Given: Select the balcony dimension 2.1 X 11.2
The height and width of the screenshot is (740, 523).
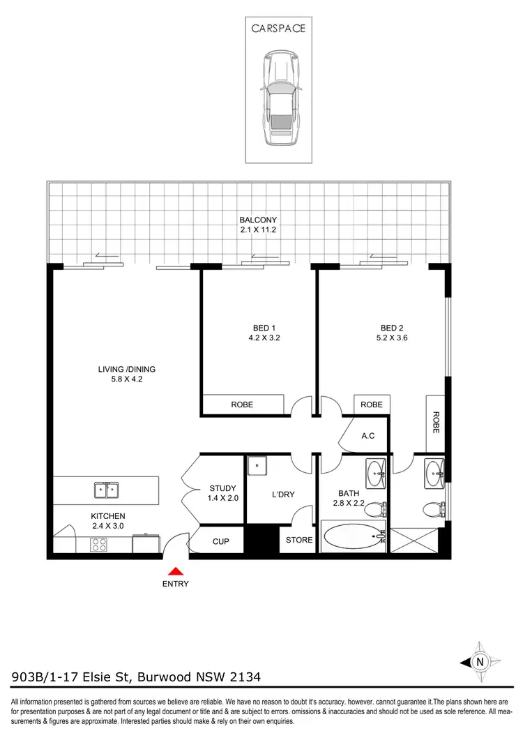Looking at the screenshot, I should coord(258,229).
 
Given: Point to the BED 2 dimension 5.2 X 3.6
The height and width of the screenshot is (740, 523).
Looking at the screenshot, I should coord(391,338).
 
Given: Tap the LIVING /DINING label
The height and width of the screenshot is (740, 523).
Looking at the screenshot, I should coord(126,369).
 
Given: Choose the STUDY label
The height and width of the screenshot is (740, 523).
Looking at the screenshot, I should coord(223,488).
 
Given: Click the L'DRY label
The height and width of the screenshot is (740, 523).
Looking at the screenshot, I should coord(282,494).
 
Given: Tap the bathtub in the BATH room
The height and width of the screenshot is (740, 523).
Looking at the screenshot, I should coord(353,538).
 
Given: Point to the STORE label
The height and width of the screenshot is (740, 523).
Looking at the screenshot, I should coord(300,540).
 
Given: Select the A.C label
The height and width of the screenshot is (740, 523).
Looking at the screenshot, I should coord(369,437).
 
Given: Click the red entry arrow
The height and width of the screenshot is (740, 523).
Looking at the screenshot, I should coord(175,571).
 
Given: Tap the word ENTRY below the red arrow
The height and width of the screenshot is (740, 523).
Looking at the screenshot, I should coord(175,584).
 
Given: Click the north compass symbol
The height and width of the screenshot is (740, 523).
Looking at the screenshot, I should coord(478,662).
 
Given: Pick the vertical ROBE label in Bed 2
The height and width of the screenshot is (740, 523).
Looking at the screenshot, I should coord(436,422).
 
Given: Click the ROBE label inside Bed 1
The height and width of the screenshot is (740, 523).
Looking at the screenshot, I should coord(242,405).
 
